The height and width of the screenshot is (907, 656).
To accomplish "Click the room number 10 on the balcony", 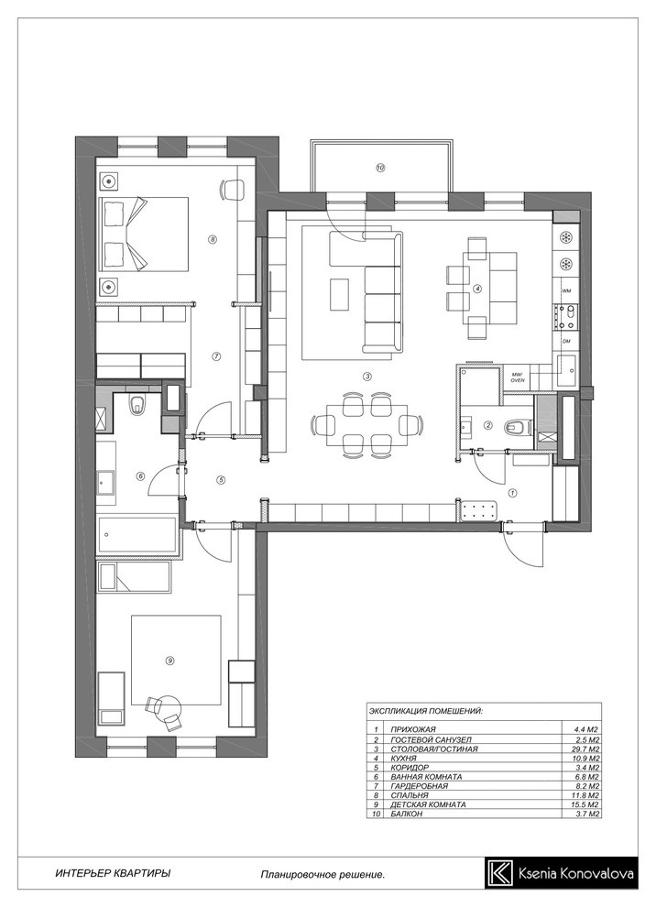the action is [380, 169].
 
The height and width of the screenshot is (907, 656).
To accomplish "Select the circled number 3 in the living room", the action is [366, 377].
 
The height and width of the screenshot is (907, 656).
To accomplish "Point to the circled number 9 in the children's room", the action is [169, 660].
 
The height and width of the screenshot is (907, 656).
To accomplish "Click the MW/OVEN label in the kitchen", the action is [517, 377].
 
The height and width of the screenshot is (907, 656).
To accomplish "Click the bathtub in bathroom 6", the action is [137, 535].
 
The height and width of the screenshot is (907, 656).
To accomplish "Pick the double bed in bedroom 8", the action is [145, 234].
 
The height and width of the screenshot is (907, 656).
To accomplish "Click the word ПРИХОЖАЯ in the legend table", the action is [412, 729].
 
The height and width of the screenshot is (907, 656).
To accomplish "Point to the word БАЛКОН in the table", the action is [406, 814].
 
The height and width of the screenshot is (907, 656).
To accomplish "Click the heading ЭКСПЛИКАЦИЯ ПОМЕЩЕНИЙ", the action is [425, 710].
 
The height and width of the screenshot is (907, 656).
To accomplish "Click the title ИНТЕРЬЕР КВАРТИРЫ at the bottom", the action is [113, 873].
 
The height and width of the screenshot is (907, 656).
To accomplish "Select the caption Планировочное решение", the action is [323, 875].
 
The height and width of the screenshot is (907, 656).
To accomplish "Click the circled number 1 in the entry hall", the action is [512, 494].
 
